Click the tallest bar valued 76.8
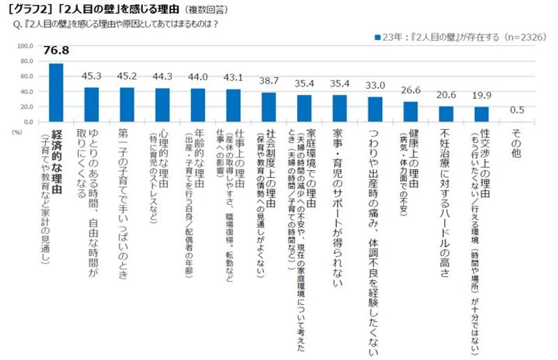(56, 93)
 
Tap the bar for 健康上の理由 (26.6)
(410, 112)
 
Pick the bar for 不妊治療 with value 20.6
(446, 114)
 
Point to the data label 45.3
(92, 75)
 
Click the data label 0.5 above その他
(518, 110)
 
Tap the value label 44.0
(198, 77)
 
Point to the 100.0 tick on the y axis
(25, 46)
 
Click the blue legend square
(377, 35)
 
